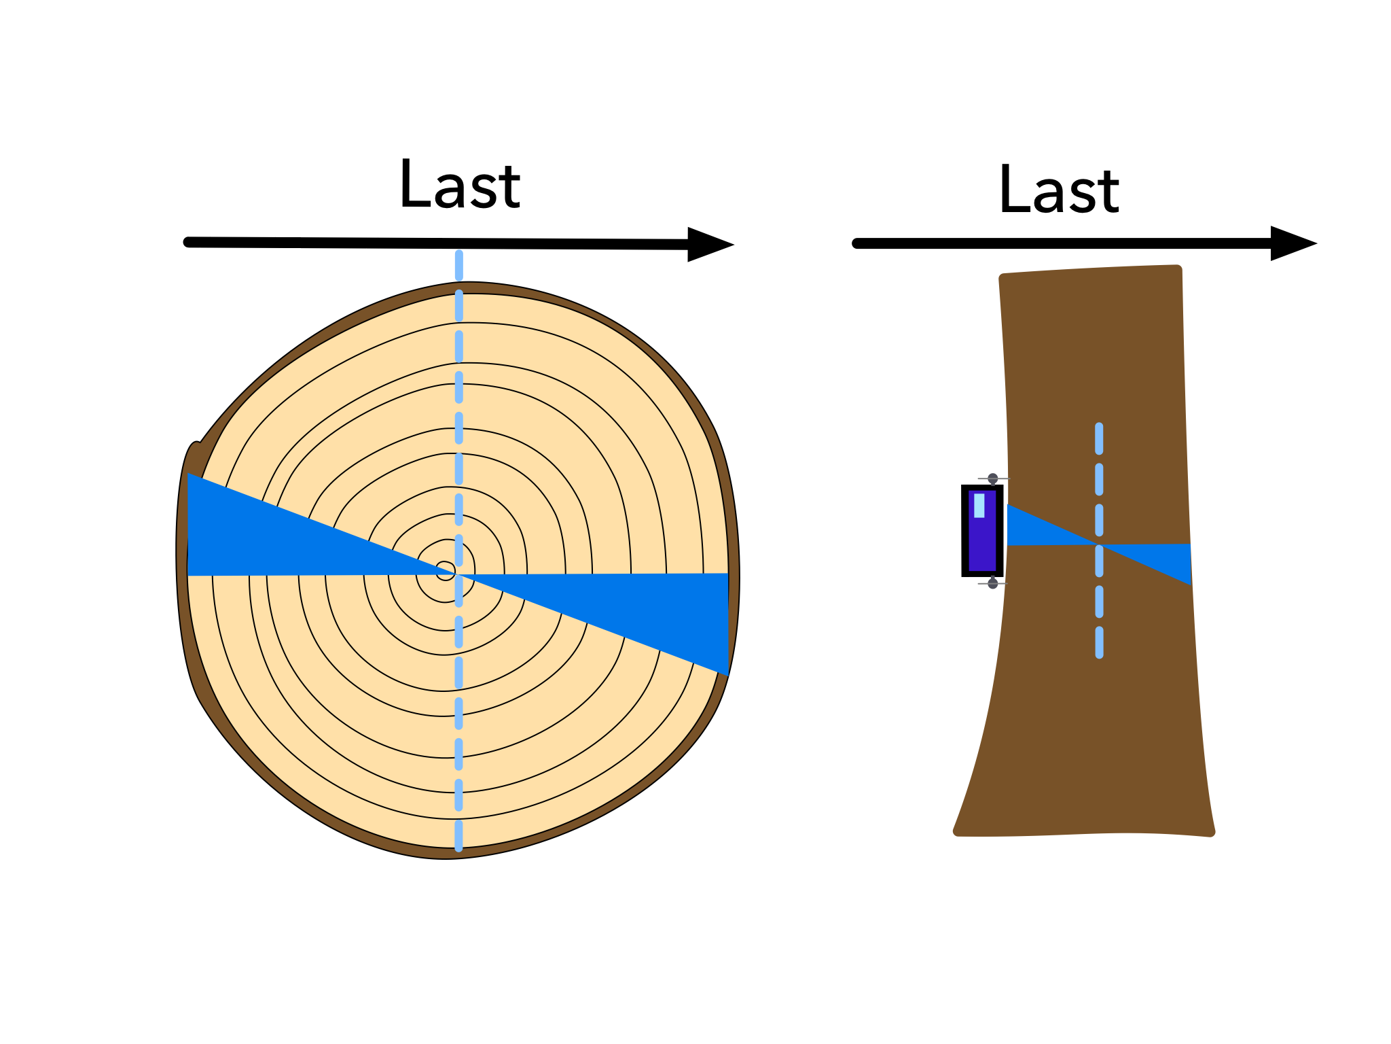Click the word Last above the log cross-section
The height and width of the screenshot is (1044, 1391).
(x=460, y=184)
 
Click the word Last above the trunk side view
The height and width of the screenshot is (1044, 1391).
(x=1059, y=190)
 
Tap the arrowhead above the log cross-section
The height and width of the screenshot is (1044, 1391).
(x=710, y=244)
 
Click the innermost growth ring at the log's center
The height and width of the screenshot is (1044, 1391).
(x=446, y=571)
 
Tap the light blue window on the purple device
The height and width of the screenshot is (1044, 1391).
(x=979, y=505)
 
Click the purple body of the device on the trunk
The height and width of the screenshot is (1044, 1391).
(x=982, y=531)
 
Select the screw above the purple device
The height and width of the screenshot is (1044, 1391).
(x=993, y=479)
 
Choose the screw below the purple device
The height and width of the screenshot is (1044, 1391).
(x=993, y=583)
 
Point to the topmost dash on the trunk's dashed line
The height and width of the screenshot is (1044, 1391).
(x=1099, y=439)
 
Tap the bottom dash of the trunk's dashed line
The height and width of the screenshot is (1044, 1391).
(x=1099, y=643)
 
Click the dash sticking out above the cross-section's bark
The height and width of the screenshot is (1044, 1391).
(x=459, y=266)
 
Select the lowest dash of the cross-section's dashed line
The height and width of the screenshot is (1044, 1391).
(x=458, y=835)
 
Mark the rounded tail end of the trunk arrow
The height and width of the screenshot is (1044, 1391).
(x=857, y=243)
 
